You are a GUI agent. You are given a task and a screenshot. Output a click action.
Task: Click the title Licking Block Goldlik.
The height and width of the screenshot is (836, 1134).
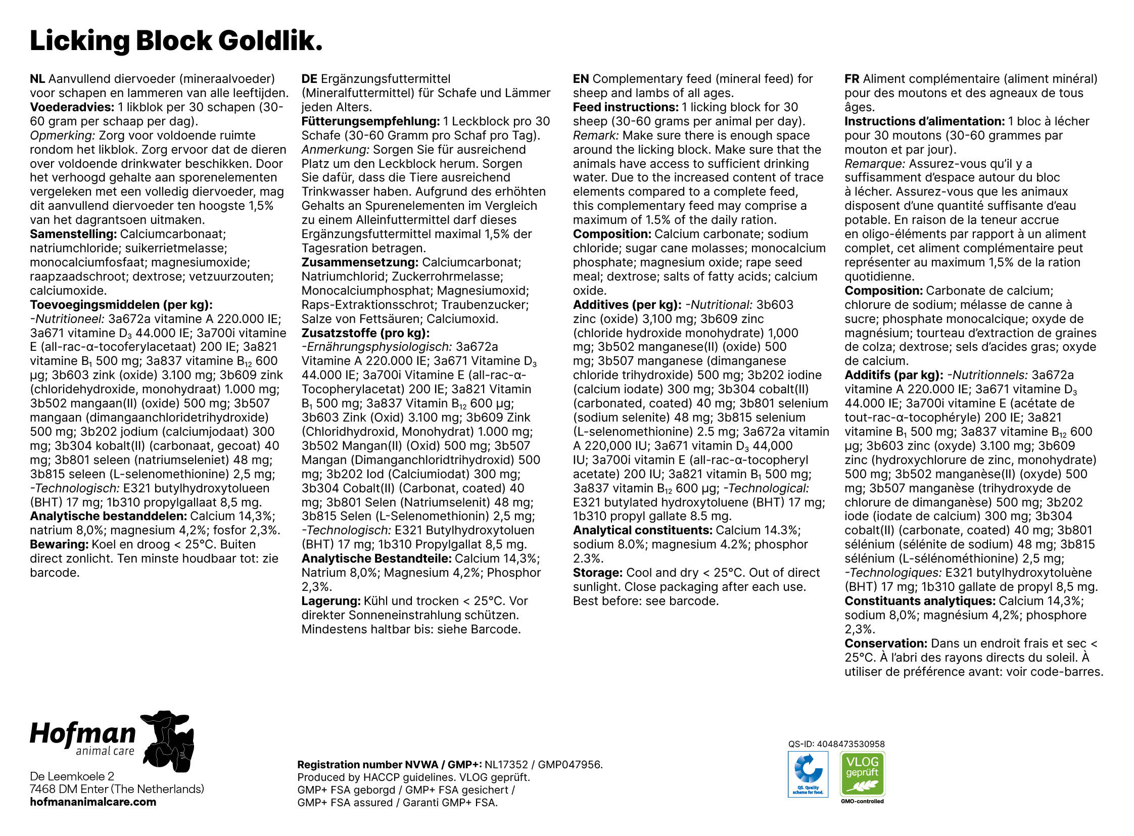[175, 40]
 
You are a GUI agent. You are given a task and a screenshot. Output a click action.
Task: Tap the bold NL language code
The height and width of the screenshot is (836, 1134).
[37, 79]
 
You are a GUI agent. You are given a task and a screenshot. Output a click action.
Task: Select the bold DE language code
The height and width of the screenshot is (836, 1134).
[309, 79]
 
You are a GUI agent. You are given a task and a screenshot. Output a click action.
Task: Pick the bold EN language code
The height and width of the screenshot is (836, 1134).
[581, 79]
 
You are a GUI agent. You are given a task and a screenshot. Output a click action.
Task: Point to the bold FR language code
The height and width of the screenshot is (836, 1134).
[852, 79]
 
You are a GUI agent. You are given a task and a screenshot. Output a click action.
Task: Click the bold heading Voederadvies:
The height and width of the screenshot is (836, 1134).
[72, 107]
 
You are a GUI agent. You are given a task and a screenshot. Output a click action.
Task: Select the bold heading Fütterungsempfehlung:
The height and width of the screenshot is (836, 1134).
[370, 121]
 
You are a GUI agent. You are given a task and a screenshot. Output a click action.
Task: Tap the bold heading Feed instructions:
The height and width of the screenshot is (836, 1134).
[626, 107]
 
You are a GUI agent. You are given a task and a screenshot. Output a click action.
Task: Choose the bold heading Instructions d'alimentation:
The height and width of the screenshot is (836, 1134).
[924, 121]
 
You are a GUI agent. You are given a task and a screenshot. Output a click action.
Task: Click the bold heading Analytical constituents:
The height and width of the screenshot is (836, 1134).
[642, 530]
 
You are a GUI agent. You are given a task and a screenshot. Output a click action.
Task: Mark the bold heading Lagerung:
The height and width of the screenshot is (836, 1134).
[331, 601]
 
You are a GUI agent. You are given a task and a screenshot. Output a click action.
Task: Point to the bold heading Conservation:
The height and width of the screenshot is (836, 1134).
[885, 644]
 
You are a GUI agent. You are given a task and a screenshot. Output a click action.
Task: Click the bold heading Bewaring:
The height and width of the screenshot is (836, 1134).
[59, 544]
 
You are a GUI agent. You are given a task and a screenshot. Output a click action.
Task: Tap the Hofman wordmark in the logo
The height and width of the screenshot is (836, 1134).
[83, 734]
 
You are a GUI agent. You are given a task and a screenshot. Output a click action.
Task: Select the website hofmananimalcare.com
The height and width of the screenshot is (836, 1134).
[93, 802]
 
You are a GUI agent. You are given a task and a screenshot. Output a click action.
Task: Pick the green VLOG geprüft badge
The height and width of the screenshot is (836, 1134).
[862, 774]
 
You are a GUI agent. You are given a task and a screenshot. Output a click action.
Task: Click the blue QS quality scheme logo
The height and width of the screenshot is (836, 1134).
[808, 774]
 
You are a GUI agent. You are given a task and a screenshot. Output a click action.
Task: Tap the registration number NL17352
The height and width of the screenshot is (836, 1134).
[506, 765]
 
